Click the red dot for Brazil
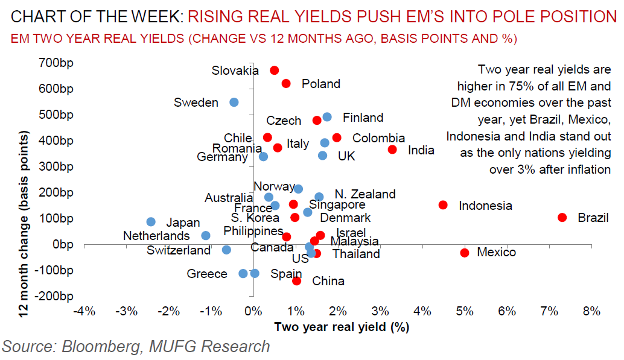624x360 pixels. click(562, 218)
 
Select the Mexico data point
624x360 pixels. click(465, 253)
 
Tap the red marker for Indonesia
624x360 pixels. click(443, 205)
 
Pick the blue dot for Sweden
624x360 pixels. click(234, 103)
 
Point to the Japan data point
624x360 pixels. click(151, 222)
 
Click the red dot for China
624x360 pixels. click(296, 281)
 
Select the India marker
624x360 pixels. click(392, 150)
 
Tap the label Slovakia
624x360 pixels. click(235, 71)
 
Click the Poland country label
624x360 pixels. click(321, 84)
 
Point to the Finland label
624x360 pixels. click(363, 118)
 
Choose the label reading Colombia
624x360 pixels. click(378, 139)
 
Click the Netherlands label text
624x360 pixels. click(156, 236)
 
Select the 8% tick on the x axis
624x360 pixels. click(591, 311)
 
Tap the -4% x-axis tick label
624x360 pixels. click(83, 311)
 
